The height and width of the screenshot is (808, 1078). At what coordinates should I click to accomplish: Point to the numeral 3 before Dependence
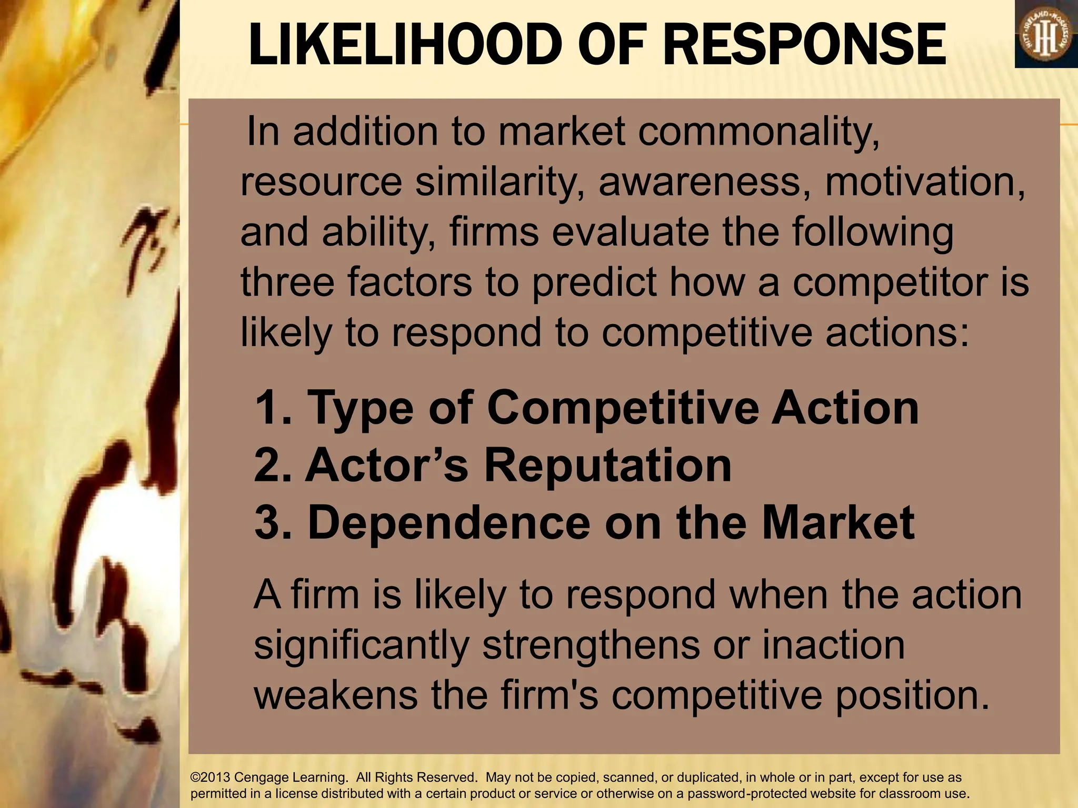(x=267, y=522)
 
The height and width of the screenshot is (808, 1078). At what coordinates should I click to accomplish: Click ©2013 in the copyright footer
(x=211, y=777)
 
